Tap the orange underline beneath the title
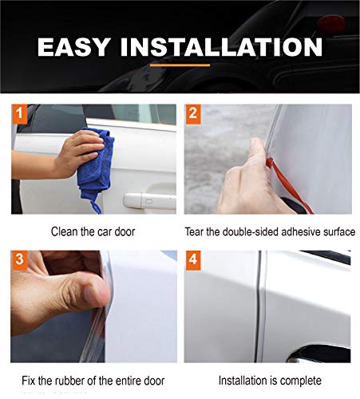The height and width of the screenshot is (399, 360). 180,65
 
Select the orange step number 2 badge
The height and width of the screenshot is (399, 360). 193,113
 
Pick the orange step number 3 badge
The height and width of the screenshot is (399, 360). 20,260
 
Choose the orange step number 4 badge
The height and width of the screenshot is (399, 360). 193,260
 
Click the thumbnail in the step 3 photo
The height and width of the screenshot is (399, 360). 96,291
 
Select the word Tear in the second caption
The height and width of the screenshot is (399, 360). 199,231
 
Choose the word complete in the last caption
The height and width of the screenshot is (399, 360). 302,379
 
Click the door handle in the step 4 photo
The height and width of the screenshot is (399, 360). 319,352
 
